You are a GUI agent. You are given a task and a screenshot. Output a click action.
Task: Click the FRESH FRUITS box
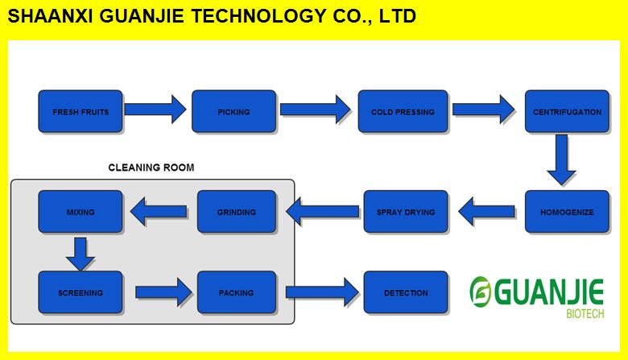point(81,112)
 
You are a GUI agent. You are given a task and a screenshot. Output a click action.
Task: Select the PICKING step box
point(233,112)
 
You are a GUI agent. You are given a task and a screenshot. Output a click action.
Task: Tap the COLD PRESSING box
point(403,112)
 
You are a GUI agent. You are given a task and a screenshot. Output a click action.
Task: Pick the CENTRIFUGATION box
point(567,112)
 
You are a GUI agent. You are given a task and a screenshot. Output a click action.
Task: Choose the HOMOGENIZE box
point(567,212)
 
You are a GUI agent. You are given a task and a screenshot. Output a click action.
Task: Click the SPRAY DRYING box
point(406,212)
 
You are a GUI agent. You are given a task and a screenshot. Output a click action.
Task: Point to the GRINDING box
point(237,212)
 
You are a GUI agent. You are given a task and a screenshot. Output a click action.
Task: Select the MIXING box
point(81,212)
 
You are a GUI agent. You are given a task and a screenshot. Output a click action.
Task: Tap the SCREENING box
point(81,292)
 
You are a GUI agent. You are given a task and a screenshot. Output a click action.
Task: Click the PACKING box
point(237,292)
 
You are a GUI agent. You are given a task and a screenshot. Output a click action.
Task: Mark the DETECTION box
point(406,292)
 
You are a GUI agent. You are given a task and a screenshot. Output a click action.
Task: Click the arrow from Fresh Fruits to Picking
point(156,109)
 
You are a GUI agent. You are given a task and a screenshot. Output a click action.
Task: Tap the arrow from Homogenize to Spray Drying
point(486,212)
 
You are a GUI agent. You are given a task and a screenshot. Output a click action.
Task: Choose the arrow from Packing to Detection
point(320,292)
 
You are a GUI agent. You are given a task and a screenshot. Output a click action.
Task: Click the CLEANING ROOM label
point(151,168)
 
